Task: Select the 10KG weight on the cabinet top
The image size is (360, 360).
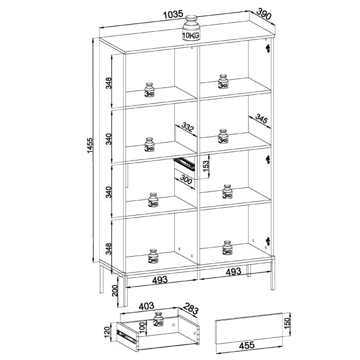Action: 191,29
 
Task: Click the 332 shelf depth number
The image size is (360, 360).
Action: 187,129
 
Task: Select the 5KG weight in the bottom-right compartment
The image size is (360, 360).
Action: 227,248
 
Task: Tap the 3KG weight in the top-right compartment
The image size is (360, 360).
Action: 223,82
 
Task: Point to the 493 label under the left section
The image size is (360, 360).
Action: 159,280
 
